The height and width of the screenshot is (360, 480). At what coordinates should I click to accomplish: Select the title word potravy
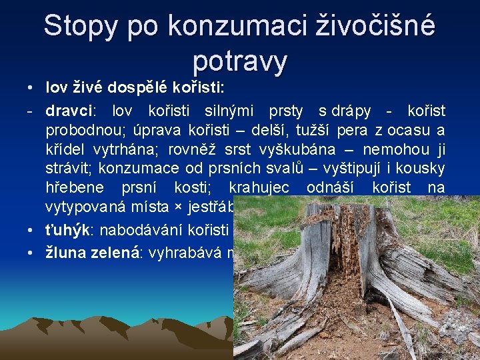[240, 61]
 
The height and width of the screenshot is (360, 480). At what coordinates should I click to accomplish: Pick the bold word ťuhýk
[67, 231]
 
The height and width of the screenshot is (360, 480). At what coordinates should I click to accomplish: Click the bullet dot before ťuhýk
[32, 231]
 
